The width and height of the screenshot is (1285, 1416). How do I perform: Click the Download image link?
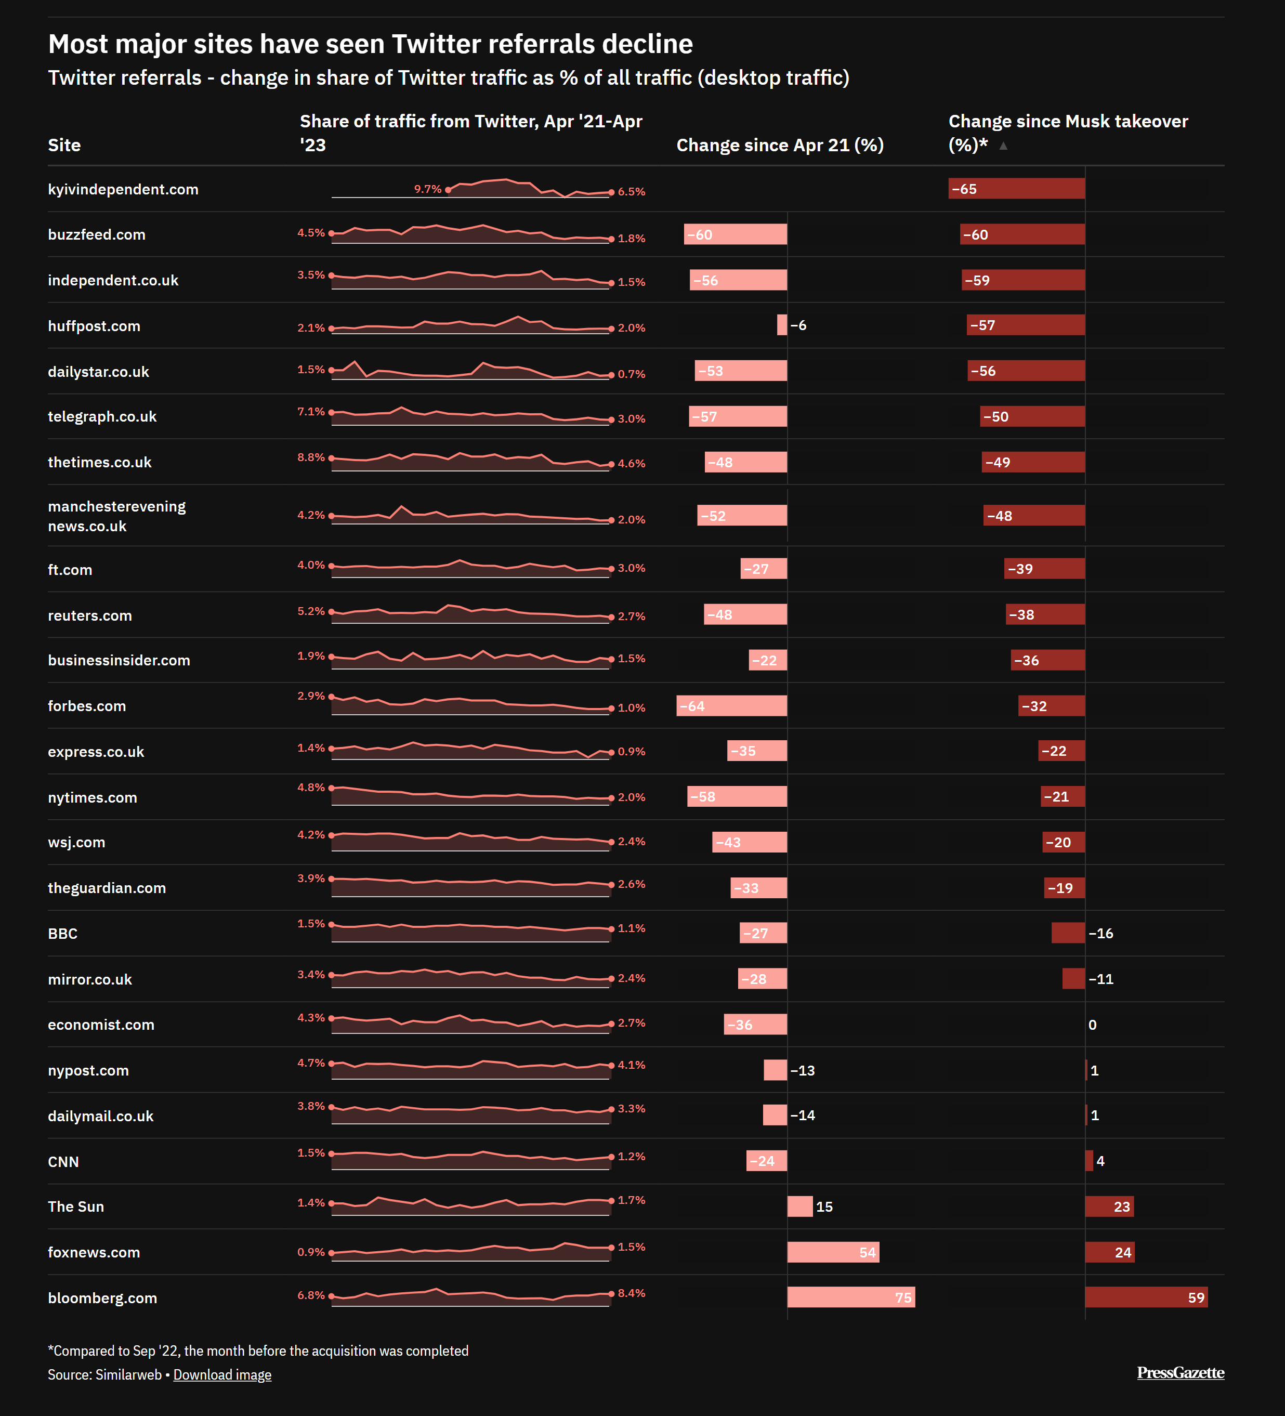tap(222, 1374)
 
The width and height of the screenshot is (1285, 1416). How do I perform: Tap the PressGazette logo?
tap(1181, 1372)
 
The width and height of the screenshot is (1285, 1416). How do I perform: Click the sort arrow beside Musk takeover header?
tap(1003, 146)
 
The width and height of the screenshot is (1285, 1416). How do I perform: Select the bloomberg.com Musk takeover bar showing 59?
tap(1146, 1297)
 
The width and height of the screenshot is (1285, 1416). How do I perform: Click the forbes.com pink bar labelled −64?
tap(731, 706)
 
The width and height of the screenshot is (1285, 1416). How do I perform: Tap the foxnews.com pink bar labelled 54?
tap(833, 1252)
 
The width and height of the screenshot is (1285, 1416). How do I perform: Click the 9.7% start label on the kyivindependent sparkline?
tap(427, 189)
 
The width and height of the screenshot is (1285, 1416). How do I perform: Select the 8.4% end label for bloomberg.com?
tap(632, 1293)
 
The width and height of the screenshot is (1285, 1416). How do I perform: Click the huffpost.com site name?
tap(94, 326)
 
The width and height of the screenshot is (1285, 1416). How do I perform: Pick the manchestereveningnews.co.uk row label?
tap(116, 516)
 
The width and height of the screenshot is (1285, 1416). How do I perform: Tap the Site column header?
tap(64, 146)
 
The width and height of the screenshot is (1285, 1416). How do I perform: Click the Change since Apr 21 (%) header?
tap(780, 146)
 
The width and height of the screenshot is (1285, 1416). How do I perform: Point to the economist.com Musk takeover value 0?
tap(1093, 1025)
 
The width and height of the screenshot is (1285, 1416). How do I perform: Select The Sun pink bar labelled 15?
tap(799, 1206)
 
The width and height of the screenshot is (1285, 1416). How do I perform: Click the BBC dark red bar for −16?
tap(1068, 933)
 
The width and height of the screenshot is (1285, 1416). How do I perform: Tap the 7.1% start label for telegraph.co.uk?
tap(310, 412)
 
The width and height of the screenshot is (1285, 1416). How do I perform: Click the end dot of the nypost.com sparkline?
tap(611, 1066)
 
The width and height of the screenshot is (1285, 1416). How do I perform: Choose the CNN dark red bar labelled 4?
tap(1089, 1161)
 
